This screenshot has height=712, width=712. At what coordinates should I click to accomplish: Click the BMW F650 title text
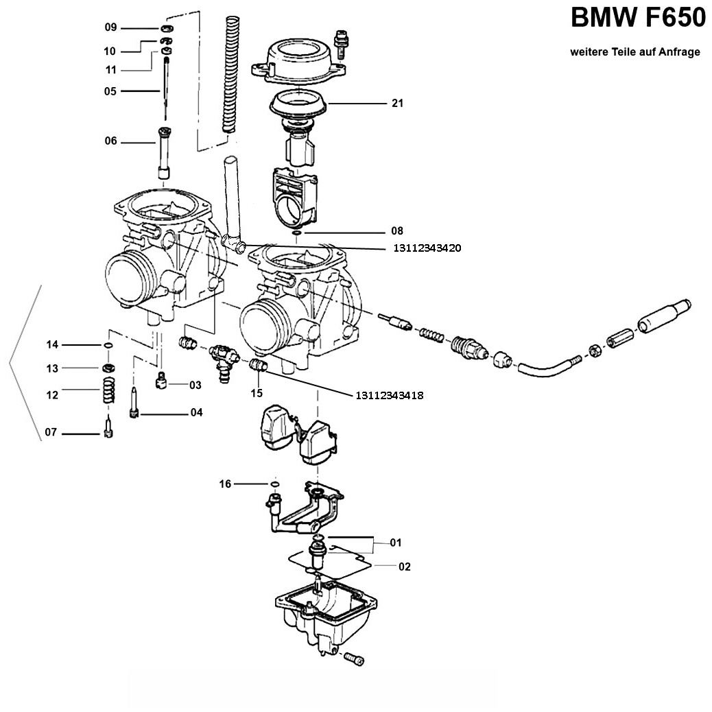638,19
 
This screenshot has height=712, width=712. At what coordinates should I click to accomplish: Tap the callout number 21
397,104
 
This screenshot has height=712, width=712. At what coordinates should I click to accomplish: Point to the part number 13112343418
390,395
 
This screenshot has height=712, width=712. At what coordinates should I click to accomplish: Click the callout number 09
111,27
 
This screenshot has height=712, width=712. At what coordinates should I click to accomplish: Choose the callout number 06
111,141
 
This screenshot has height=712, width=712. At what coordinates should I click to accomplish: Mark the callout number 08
397,231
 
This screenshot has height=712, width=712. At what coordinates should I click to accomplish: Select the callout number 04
197,413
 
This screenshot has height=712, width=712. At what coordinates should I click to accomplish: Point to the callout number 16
225,484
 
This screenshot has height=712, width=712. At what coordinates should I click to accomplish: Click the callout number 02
404,567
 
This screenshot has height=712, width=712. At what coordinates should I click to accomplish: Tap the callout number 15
257,393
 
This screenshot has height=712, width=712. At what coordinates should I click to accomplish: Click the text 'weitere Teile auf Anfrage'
635,52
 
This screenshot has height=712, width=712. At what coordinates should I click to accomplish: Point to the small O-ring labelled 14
108,344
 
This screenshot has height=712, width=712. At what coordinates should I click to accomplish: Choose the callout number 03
195,385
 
